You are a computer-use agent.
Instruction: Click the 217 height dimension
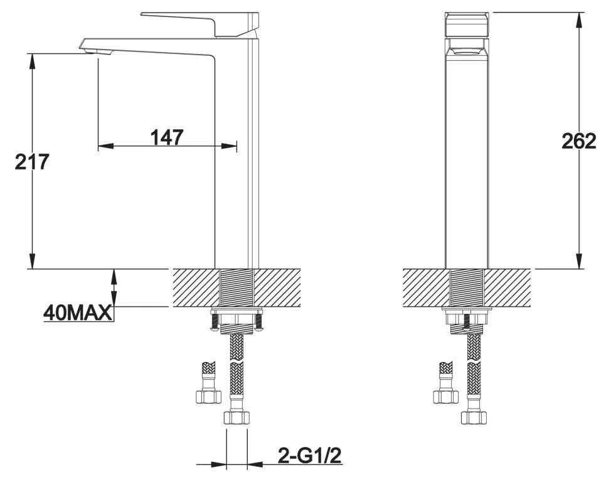point(32,162)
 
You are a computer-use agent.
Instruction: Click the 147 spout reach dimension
point(167,137)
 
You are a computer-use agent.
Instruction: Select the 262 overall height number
point(578,141)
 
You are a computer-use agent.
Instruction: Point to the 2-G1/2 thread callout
point(310,455)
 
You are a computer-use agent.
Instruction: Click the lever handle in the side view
point(200,24)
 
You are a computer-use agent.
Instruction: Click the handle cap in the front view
point(467,25)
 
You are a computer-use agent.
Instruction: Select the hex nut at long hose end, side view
point(236,417)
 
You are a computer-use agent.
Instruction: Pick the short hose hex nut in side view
point(208,397)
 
